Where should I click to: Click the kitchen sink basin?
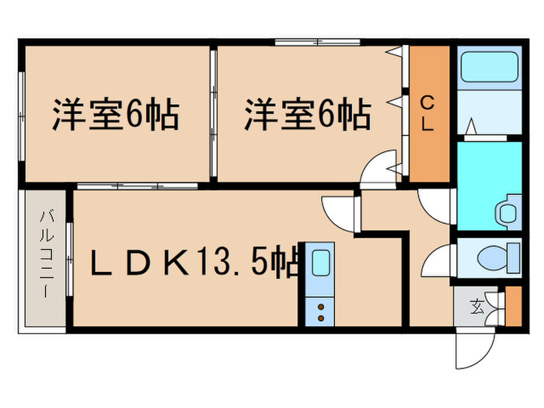tap(320, 263)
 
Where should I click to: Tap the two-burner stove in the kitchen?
tap(319, 312)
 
